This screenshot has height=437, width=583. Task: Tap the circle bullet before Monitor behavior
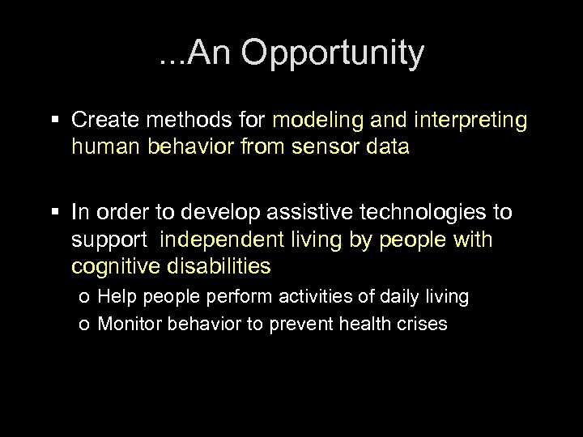point(86,325)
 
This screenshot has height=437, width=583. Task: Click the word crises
point(423,325)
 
